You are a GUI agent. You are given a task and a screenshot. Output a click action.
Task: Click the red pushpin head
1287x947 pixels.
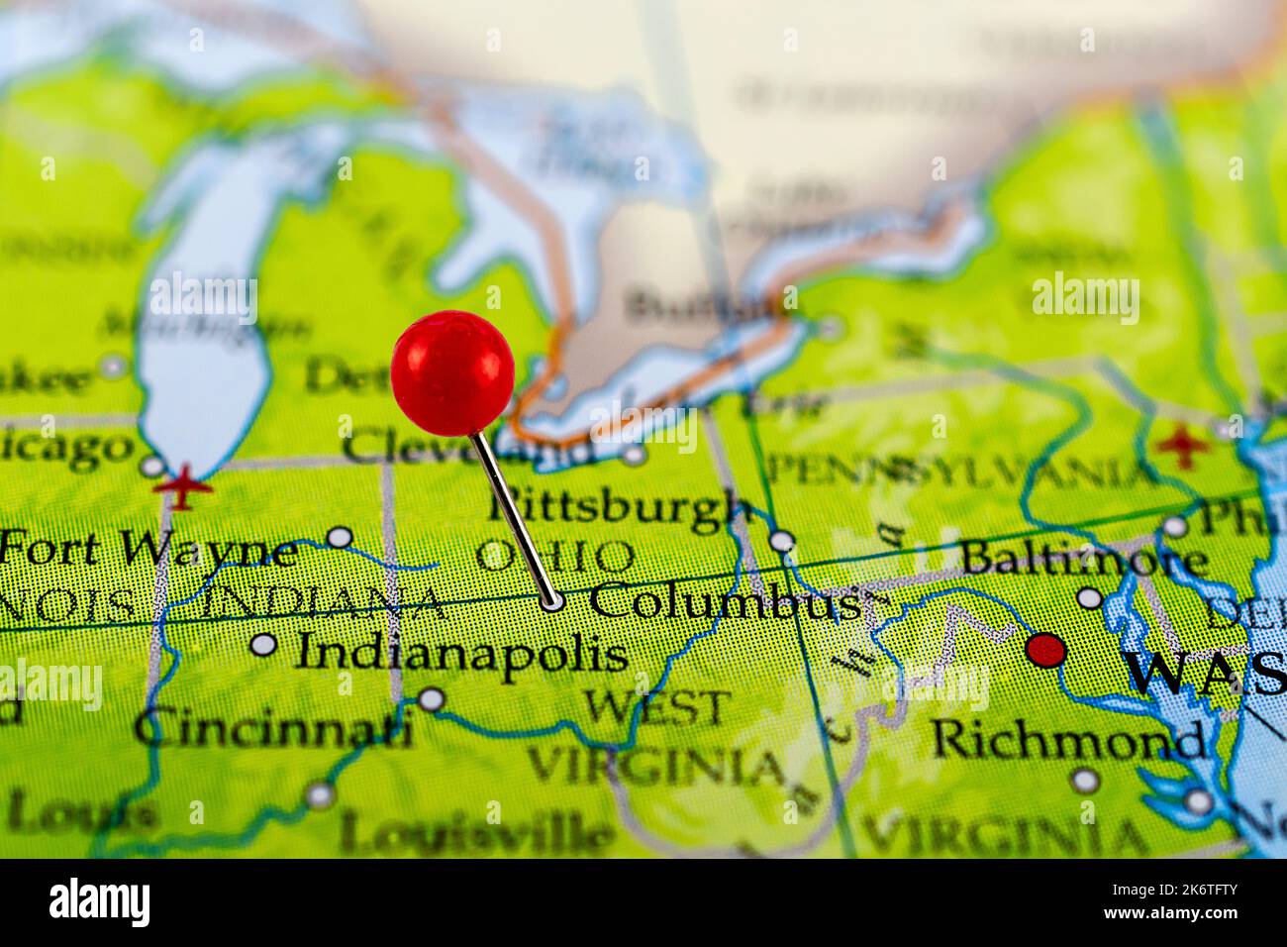[x=452, y=372]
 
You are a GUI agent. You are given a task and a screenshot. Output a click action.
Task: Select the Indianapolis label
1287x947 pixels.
[x=463, y=652]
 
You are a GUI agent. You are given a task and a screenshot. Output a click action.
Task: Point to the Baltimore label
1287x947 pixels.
[x=1083, y=559]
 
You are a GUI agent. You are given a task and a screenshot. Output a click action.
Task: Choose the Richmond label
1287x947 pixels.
[x=1068, y=739]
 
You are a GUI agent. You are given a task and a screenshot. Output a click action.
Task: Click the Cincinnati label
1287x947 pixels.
[x=273, y=731]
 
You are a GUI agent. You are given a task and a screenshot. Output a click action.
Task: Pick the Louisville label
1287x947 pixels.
[x=475, y=832]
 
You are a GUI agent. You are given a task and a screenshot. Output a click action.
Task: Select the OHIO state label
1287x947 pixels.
[x=554, y=556]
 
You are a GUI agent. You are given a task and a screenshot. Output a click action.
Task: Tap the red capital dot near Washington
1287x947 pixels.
[x=1045, y=651]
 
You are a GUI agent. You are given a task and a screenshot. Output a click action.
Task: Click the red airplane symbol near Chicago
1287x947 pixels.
[x=179, y=488]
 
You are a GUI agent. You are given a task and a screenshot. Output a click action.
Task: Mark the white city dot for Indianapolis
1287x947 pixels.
[x=263, y=645]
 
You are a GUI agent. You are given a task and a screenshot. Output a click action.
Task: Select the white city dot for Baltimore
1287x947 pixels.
[x=1089, y=597]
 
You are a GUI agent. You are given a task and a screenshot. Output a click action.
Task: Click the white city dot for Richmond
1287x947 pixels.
[x=1085, y=781]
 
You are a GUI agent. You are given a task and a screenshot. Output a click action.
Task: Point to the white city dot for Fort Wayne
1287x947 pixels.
[x=340, y=537]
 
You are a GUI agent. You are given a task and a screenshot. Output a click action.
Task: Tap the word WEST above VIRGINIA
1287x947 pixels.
[x=655, y=707]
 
